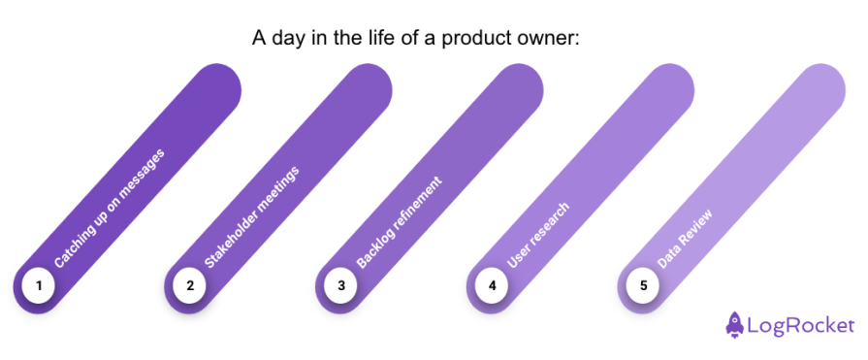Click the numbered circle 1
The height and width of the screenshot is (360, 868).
tap(39, 286)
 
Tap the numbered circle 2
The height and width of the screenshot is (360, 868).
tap(190, 286)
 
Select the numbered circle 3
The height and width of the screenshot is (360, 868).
tap(341, 286)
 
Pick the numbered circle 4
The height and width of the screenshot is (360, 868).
tap(493, 286)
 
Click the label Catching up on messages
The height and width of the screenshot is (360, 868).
tap(110, 208)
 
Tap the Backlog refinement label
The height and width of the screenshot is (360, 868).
tap(400, 222)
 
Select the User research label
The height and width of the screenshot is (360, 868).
tap(539, 236)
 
